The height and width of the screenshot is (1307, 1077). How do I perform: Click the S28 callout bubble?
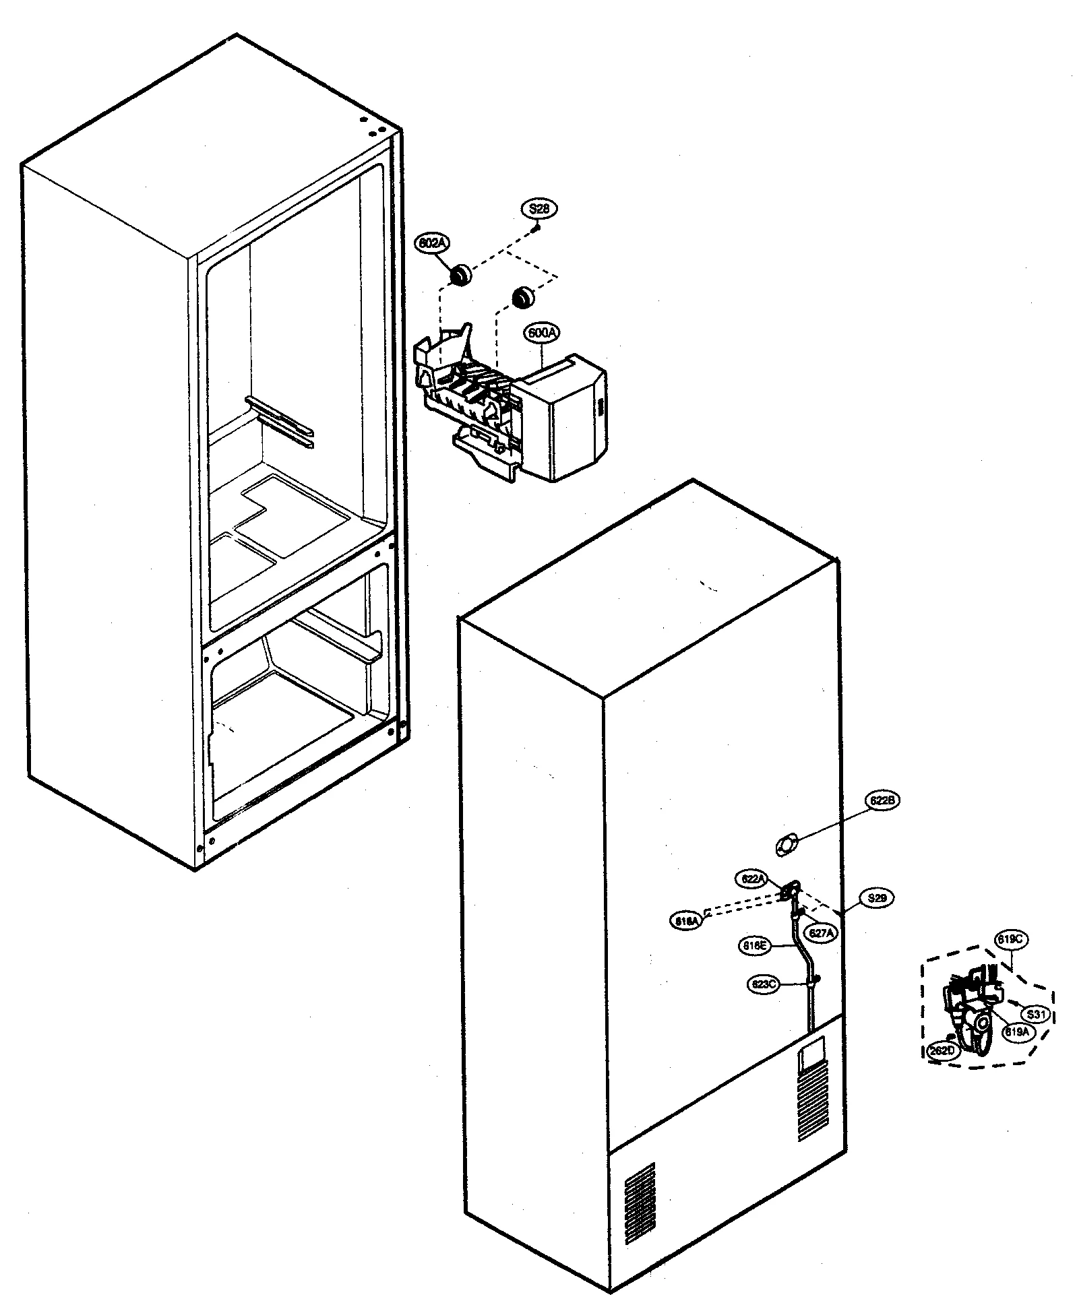click(538, 209)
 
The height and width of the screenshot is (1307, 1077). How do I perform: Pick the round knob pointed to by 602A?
click(460, 275)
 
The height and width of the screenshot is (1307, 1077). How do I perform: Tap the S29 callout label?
click(876, 898)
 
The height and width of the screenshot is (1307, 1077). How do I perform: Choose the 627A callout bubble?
click(822, 933)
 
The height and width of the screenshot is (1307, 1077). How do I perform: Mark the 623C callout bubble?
click(764, 984)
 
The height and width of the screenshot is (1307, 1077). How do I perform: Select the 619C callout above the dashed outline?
click(1011, 939)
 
